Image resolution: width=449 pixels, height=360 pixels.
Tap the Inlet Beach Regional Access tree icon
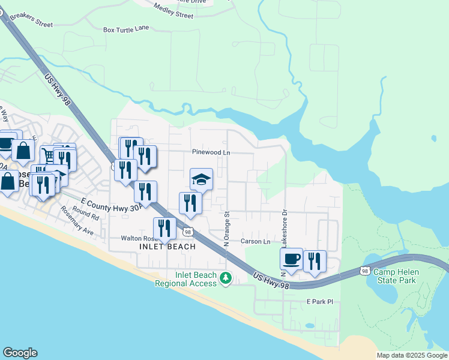coord(226,278)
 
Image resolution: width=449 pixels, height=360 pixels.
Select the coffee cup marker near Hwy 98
coord(291,259)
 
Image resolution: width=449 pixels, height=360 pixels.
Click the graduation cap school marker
coord(202,179)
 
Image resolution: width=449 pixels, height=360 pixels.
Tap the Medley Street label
coord(173,11)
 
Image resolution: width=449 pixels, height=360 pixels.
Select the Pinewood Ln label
coord(211,152)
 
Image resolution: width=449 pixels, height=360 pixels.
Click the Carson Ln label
coord(256,241)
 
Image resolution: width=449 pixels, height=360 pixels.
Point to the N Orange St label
coord(227,229)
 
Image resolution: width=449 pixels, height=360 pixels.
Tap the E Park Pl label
coord(319,301)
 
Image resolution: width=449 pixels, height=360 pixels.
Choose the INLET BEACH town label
coord(167,247)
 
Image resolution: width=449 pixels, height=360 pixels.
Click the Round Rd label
coord(85,213)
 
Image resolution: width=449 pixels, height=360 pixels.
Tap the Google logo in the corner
coord(19,353)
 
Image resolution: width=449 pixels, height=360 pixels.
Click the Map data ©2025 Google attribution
coord(412,355)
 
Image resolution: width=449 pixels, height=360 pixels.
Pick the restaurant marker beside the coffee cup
coord(315,261)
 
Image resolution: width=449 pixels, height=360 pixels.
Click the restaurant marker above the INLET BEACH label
coord(164,229)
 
